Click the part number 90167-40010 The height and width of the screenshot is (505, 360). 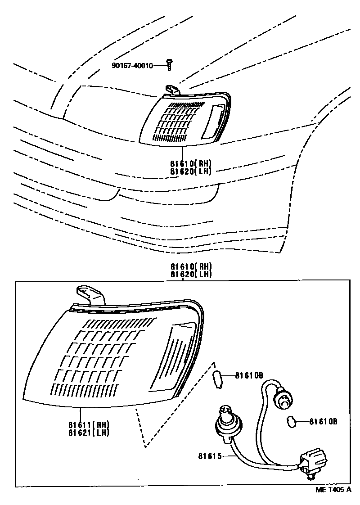132,66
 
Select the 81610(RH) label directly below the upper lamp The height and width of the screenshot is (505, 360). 190,163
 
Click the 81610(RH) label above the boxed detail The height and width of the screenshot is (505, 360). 191,267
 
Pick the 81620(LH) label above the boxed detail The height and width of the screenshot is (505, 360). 191,274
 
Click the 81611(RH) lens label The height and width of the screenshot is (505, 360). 89,424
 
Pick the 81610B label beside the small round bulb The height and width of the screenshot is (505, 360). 323,422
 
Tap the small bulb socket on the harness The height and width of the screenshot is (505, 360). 283,397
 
